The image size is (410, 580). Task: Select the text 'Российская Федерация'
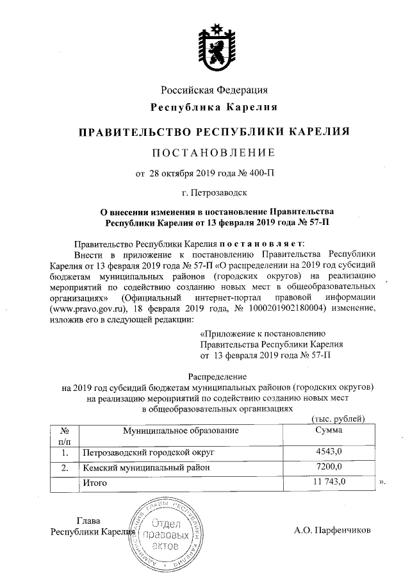click(213, 90)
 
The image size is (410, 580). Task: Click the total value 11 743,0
click(330, 481)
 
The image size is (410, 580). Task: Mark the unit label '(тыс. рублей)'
click(338, 418)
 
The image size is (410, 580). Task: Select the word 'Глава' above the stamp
click(89, 520)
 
